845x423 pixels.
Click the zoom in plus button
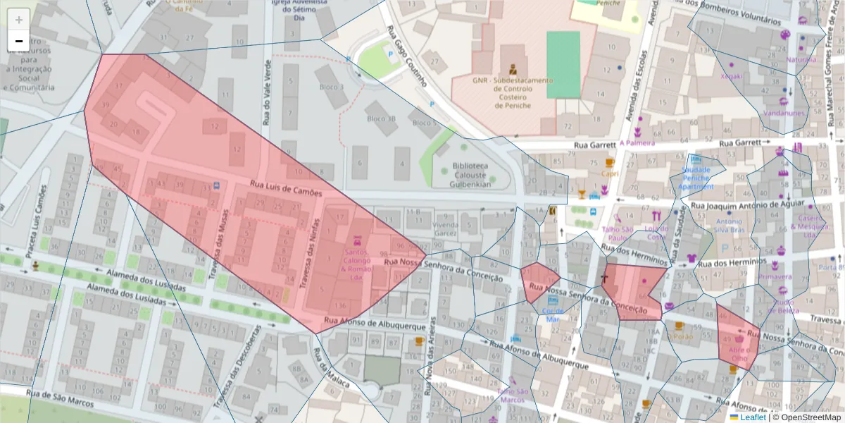pyautogui.click(x=19, y=20)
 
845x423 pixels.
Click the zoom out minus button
pyautogui.click(x=19, y=41)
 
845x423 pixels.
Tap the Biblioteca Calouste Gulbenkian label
pyautogui.click(x=463, y=176)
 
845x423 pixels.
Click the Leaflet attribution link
pyautogui.click(x=752, y=417)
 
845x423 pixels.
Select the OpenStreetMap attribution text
pyautogui.click(x=807, y=417)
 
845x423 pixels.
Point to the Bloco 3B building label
pyautogui.click(x=381, y=119)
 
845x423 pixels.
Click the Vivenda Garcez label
pyautogui.click(x=445, y=228)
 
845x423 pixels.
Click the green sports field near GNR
pyautogui.click(x=563, y=64)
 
